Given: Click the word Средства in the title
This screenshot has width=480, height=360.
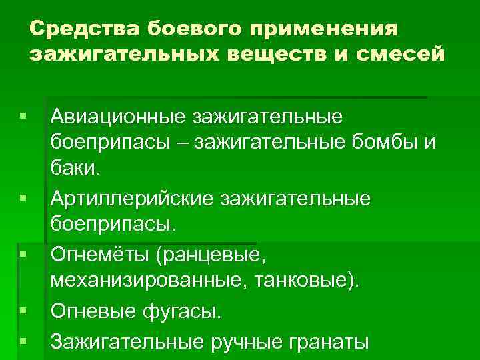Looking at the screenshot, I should click(x=83, y=29).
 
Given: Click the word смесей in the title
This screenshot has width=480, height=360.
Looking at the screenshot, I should click(x=404, y=55).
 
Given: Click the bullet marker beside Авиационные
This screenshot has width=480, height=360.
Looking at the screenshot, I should click(x=24, y=117).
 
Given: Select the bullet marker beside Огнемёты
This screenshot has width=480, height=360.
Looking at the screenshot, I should click(x=24, y=254).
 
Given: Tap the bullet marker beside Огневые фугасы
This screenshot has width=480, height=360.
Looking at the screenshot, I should click(x=24, y=311).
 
